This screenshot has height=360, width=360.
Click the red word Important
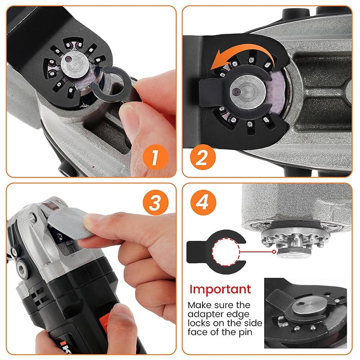(x=220, y=289)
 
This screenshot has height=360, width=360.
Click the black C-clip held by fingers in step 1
(x=111, y=84)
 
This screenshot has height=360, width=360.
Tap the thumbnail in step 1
(x=131, y=119)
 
